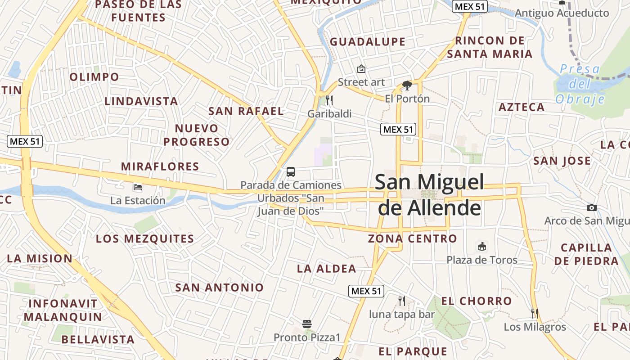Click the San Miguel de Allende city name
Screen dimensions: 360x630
pyautogui.click(x=429, y=195)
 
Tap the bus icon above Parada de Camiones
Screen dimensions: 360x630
pyautogui.click(x=291, y=171)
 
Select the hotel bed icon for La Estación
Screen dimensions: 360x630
pyautogui.click(x=138, y=187)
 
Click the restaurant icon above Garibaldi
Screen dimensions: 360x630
pyautogui.click(x=329, y=100)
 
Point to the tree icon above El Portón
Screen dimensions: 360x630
pyautogui.click(x=407, y=85)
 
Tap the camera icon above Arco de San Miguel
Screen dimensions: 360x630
pyautogui.click(x=592, y=207)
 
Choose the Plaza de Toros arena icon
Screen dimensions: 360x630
pyautogui.click(x=482, y=246)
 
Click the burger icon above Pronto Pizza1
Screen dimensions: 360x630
pyautogui.click(x=307, y=324)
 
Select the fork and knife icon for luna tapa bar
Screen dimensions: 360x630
pyautogui.click(x=402, y=301)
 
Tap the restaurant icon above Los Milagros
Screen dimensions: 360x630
pyautogui.click(x=535, y=313)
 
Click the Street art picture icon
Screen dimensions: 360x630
pyautogui.click(x=361, y=69)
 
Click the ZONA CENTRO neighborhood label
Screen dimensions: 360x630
pyautogui.click(x=412, y=238)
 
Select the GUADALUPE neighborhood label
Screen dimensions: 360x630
pyautogui.click(x=368, y=42)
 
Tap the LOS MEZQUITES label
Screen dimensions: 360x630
pyautogui.click(x=145, y=238)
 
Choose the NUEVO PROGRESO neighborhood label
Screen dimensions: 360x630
pyautogui.click(x=197, y=135)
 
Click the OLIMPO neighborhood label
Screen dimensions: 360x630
pyautogui.click(x=94, y=77)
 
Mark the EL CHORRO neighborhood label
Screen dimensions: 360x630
pyautogui.click(x=477, y=301)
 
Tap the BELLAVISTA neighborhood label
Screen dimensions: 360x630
pyautogui.click(x=98, y=339)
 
